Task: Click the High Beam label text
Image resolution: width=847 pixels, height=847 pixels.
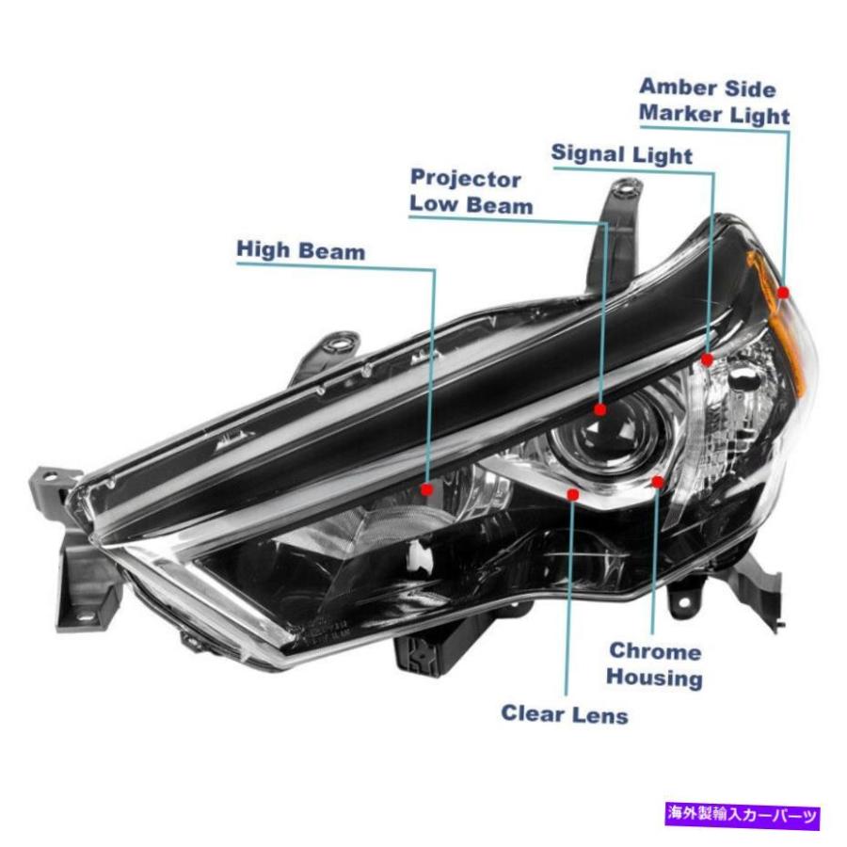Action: (301, 250)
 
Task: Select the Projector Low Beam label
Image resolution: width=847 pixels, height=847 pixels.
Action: (471, 192)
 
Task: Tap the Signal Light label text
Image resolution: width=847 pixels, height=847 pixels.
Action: (622, 154)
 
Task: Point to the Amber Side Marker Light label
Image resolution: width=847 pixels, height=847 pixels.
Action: (714, 102)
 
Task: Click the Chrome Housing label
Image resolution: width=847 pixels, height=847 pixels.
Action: (654, 664)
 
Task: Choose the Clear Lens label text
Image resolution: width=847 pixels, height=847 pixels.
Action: (565, 714)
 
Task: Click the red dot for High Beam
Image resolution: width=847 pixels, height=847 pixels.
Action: (427, 489)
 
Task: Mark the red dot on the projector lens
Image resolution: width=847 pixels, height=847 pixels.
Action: (600, 410)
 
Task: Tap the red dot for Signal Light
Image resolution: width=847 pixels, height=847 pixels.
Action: (707, 360)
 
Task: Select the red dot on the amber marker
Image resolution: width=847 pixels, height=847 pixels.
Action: (783, 293)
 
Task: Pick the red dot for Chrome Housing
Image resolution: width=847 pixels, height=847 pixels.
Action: (658, 482)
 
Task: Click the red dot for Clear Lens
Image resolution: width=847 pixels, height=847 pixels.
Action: (573, 494)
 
